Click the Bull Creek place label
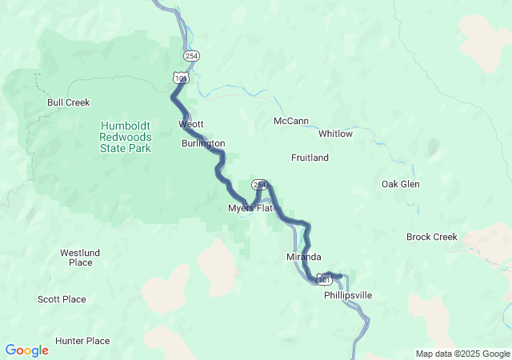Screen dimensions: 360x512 pyautogui.click(x=68, y=102)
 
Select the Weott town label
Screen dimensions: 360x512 pyautogui.click(x=191, y=124)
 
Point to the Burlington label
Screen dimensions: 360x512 pyautogui.click(x=203, y=143)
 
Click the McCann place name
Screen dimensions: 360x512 pyautogui.click(x=291, y=121)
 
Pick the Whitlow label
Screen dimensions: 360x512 pyautogui.click(x=335, y=134)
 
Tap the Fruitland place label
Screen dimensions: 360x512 pyautogui.click(x=310, y=158)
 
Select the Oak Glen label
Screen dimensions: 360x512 pyautogui.click(x=400, y=184)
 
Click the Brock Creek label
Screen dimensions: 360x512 pyautogui.click(x=431, y=237)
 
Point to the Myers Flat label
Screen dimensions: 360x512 pyautogui.click(x=250, y=208)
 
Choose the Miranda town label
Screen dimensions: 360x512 pyautogui.click(x=304, y=257)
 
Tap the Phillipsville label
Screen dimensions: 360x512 pyautogui.click(x=348, y=295)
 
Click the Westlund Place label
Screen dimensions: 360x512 pyautogui.click(x=80, y=258)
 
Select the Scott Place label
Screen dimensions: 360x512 pyautogui.click(x=62, y=299)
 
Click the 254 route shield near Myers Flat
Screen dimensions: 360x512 pyautogui.click(x=258, y=185)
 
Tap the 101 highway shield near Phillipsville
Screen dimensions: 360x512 pyautogui.click(x=324, y=278)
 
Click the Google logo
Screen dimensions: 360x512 pyautogui.click(x=27, y=350)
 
